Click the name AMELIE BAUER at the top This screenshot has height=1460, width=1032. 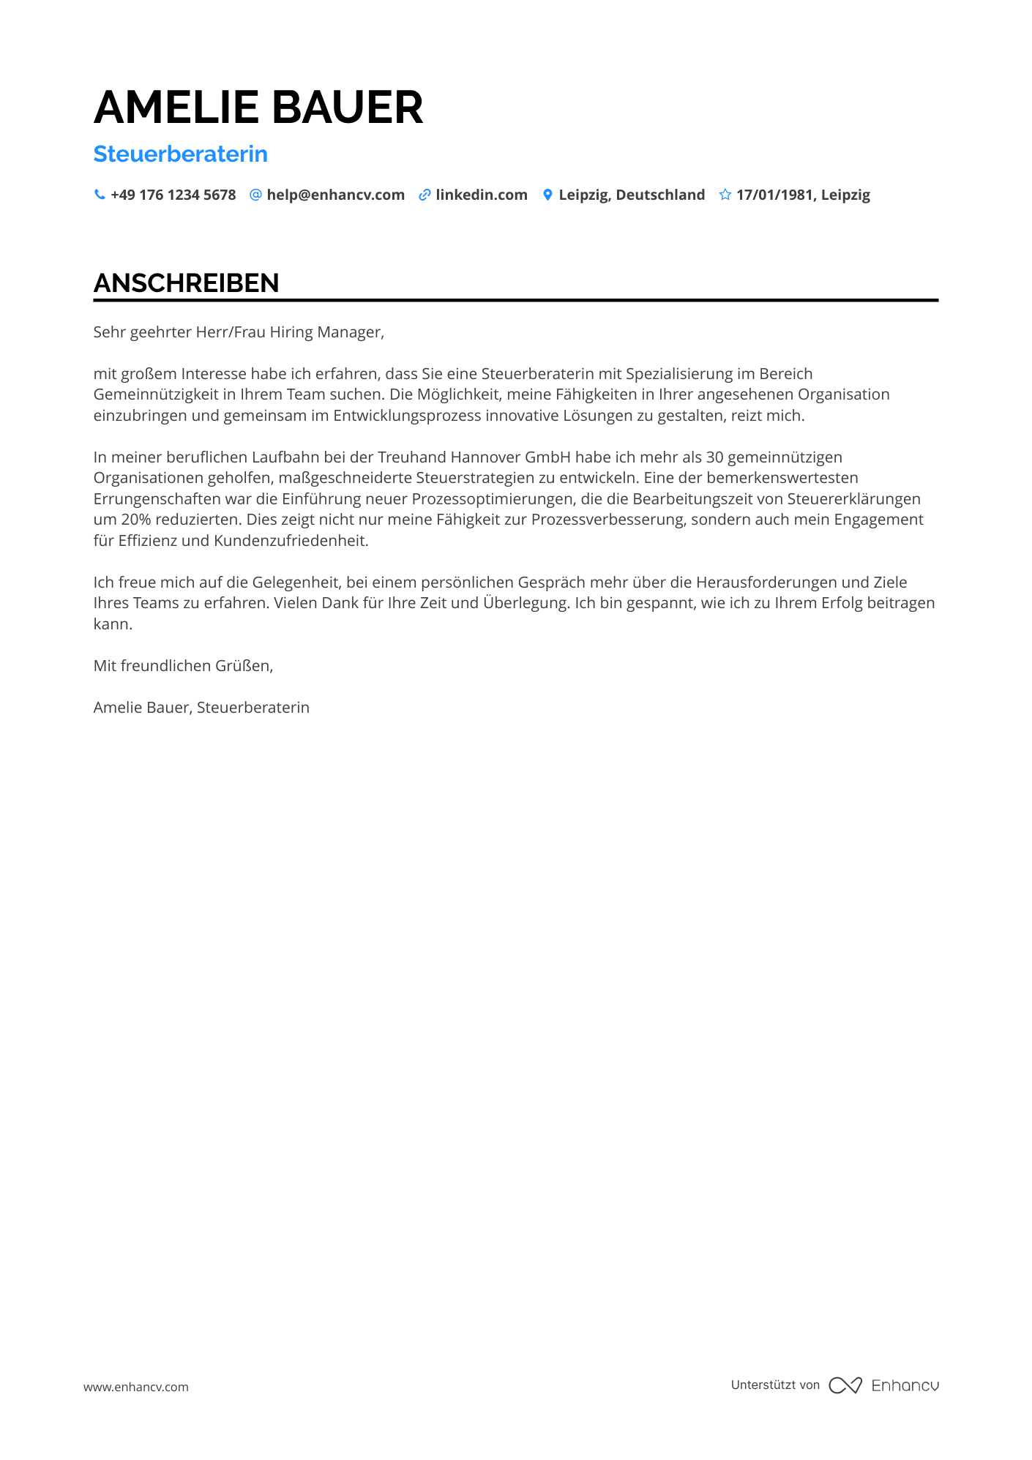click(258, 108)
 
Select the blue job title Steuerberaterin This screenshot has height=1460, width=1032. click(181, 154)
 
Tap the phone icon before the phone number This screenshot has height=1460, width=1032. click(100, 195)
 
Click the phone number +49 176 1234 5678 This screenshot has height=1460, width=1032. click(173, 195)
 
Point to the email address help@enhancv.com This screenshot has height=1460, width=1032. click(335, 195)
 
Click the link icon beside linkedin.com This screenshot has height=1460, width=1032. click(425, 195)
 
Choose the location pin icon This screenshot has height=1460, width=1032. click(547, 195)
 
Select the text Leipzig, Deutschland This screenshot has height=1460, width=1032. click(632, 195)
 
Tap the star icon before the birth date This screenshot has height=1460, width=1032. click(725, 195)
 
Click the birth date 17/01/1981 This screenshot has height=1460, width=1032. click(775, 195)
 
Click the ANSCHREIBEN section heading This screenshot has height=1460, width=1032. click(187, 283)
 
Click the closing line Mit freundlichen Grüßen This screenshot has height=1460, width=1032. click(183, 666)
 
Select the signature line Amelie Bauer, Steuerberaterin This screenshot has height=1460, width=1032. click(201, 708)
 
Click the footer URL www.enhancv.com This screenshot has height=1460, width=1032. click(136, 1387)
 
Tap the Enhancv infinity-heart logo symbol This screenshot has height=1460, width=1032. click(845, 1385)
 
